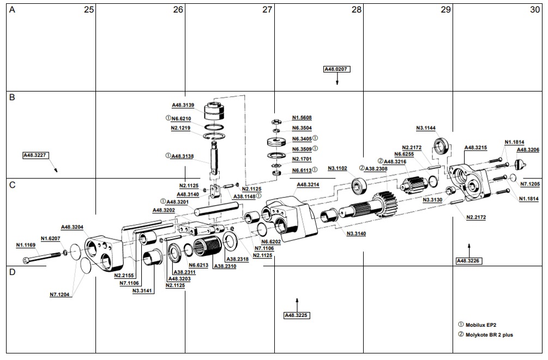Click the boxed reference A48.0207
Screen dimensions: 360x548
coord(336,69)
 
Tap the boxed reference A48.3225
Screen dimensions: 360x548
coord(297,315)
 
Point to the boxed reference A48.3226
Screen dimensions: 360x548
coord(468,261)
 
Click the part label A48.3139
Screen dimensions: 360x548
coord(183,105)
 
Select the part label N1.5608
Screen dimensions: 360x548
coord(302,117)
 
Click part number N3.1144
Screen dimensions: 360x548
coord(426,128)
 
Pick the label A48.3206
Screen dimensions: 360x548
coord(527,149)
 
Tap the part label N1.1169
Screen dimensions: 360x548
coord(26,245)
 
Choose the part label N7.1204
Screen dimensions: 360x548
coord(60,295)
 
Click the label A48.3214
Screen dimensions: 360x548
coord(308,185)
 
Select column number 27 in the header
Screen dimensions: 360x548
coord(267,10)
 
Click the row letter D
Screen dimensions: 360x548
coord(12,272)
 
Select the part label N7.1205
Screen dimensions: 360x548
coord(530,184)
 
